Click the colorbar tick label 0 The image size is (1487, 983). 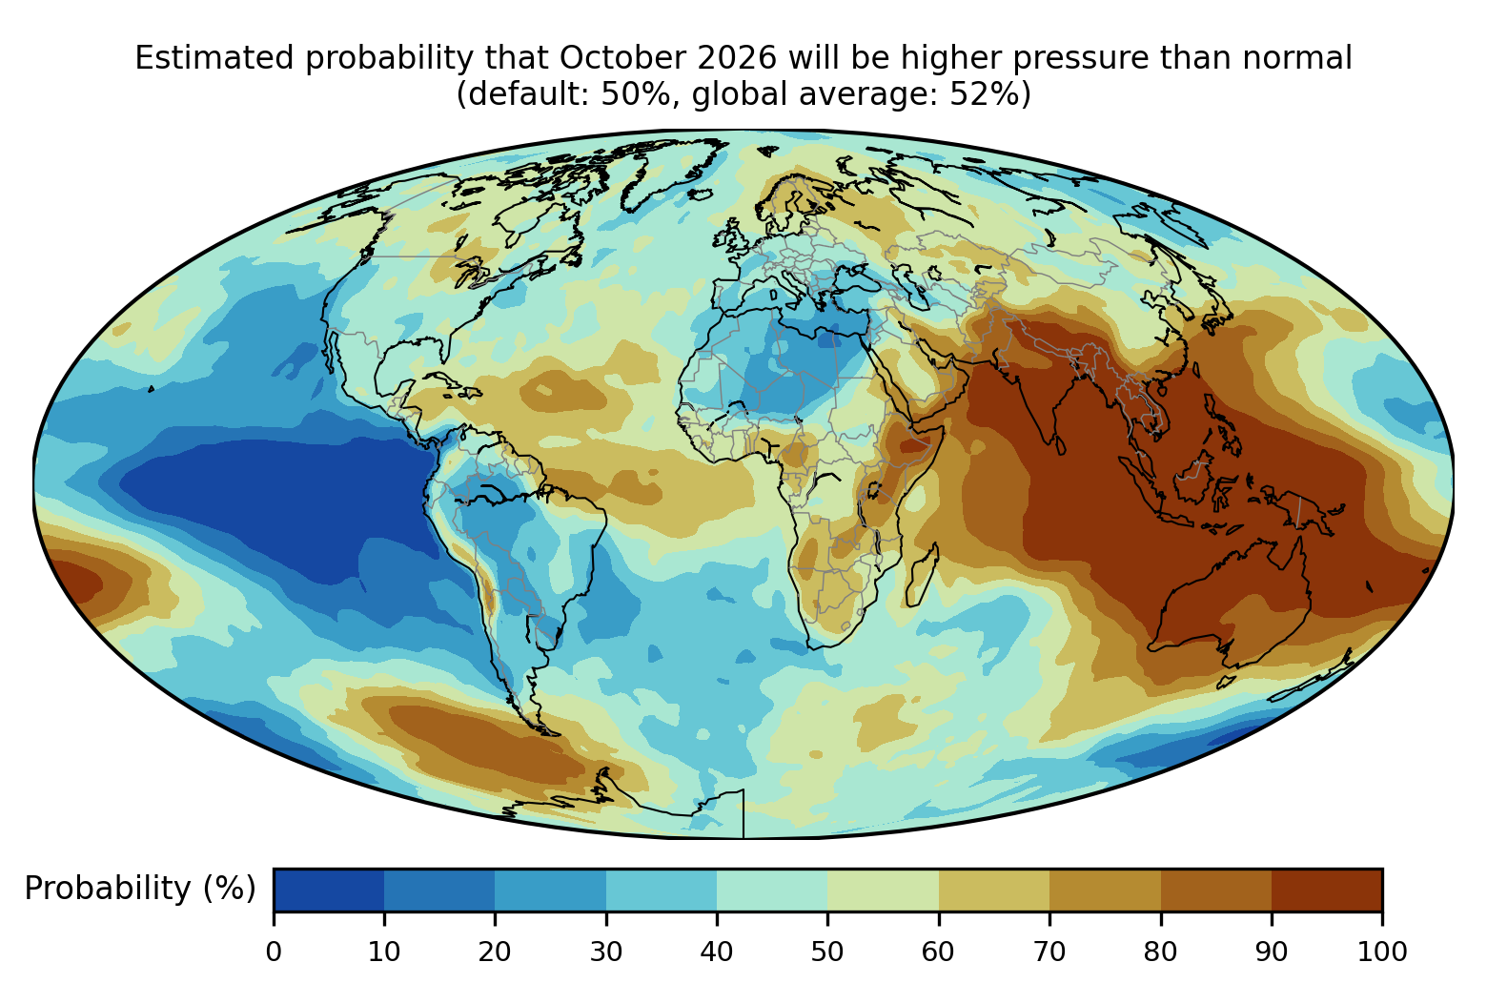(x=274, y=952)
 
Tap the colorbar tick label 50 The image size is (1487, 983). (x=827, y=952)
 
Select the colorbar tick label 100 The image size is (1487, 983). (x=1382, y=952)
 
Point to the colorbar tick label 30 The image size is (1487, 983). (x=606, y=952)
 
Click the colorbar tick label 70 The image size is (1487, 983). (x=1049, y=952)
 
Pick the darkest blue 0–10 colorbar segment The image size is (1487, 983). (x=329, y=890)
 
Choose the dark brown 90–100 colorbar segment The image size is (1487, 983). (x=1327, y=890)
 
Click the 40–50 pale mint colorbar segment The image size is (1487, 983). (x=772, y=890)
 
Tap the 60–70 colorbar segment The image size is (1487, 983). (x=994, y=890)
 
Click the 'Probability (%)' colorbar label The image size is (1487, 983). (x=140, y=889)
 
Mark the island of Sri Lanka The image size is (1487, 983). (x=1059, y=445)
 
